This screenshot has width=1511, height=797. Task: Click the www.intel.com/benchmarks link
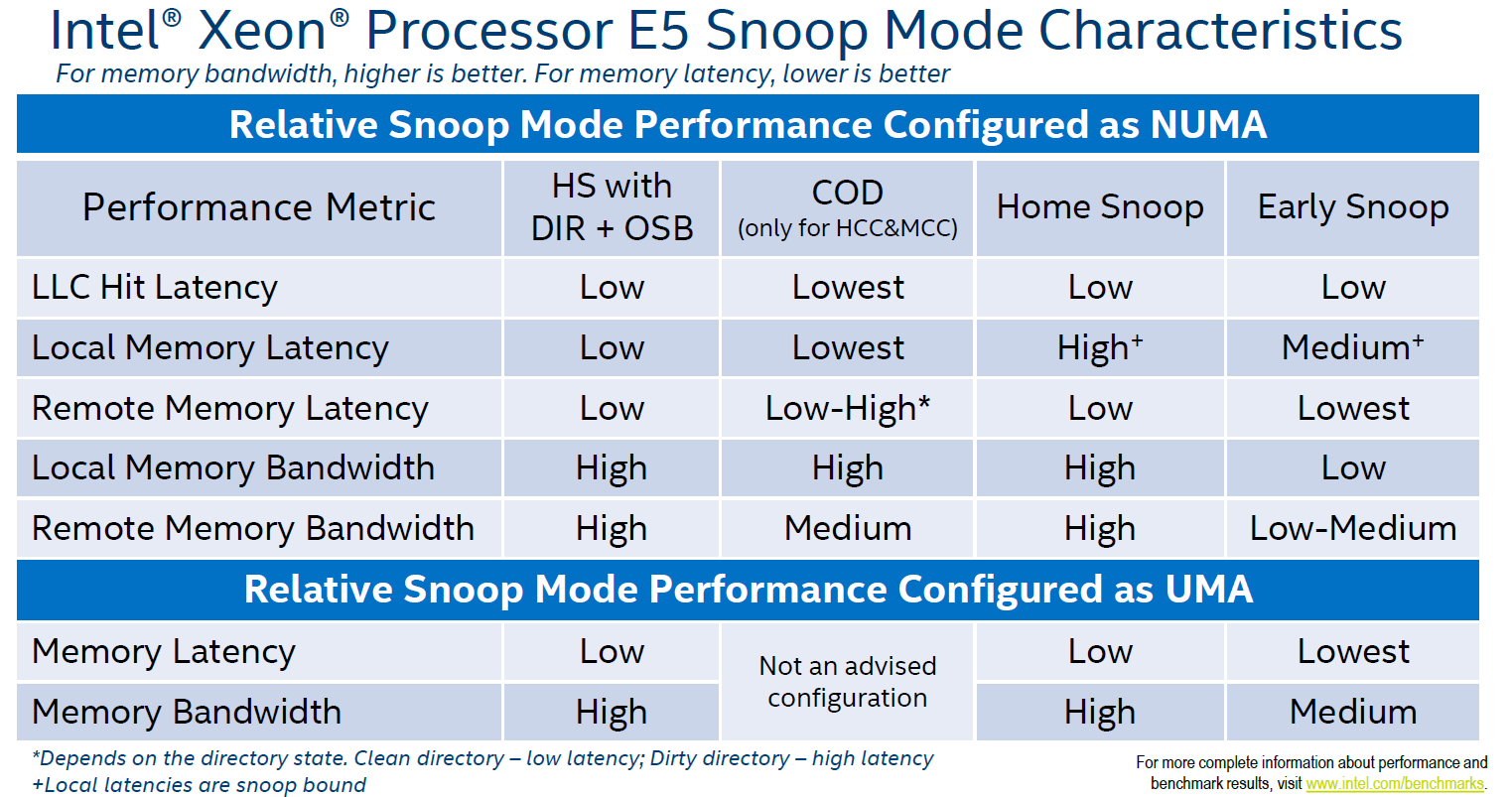1394,784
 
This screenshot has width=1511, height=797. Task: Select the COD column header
847,207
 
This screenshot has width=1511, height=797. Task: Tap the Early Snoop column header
1352,207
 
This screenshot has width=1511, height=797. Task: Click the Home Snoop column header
1100,207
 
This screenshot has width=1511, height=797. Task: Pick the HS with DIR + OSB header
612,207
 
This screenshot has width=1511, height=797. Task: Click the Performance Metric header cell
259,207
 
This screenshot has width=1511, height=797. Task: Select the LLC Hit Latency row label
155,288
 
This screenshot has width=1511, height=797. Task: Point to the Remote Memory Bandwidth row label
253,529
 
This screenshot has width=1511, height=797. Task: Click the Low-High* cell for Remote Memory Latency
847,409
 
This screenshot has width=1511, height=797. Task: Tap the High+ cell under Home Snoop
1100,348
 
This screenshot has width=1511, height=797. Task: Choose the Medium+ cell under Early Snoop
1352,348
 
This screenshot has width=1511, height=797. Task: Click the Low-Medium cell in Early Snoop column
1352,529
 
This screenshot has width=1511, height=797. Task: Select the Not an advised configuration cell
847,682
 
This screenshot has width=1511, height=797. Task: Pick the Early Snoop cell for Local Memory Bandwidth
1352,468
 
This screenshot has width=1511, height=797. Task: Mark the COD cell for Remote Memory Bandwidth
847,529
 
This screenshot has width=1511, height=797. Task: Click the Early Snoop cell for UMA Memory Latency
1352,652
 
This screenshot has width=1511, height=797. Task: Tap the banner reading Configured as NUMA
748,125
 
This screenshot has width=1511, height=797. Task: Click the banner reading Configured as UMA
748,590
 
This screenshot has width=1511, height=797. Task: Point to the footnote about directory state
482,759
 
